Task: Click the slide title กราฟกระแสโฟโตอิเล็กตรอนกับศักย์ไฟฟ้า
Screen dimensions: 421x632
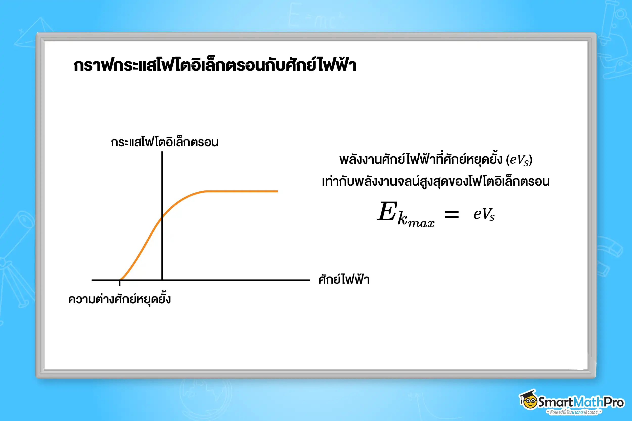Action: tap(215, 65)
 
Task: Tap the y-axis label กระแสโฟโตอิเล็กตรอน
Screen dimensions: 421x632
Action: tap(165, 142)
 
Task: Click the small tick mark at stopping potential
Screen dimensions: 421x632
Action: tap(120, 282)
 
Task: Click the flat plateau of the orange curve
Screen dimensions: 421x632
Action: tap(242, 191)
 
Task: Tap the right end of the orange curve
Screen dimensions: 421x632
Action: tap(277, 191)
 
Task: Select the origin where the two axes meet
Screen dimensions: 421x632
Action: tap(162, 280)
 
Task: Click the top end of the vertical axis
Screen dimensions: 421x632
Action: tap(162, 153)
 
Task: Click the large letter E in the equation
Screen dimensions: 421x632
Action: tap(387, 212)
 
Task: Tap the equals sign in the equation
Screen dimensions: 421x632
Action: tap(452, 214)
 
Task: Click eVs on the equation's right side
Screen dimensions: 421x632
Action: tap(484, 214)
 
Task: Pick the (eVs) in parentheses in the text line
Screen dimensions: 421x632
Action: tap(519, 160)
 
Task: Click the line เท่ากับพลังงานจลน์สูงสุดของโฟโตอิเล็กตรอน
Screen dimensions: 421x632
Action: tap(436, 182)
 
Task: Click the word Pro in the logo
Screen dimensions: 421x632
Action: tap(614, 402)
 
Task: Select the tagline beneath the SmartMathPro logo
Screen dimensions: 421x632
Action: tap(574, 412)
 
